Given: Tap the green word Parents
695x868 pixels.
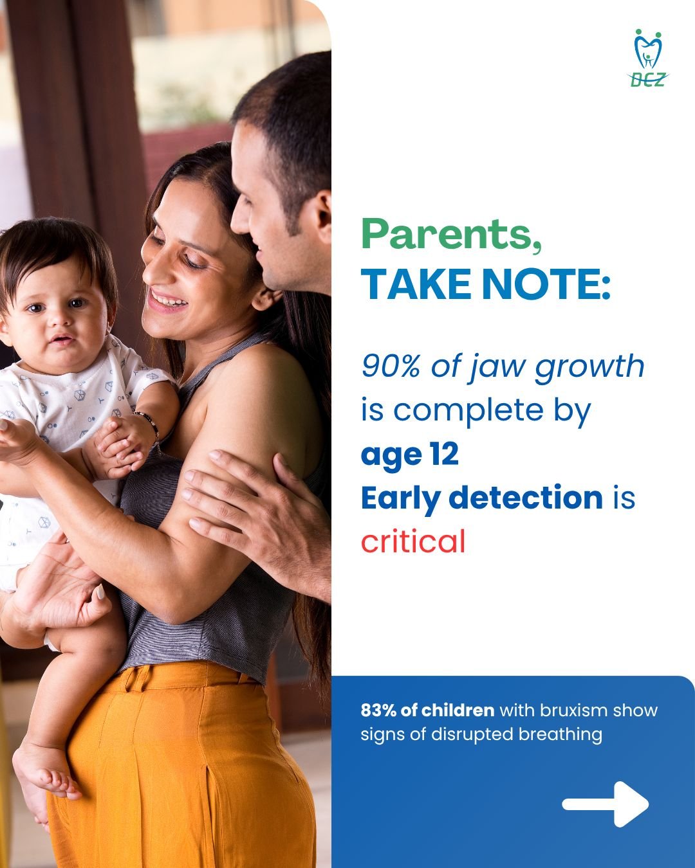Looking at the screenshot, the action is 452,234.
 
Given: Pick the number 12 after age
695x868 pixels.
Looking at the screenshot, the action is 445,454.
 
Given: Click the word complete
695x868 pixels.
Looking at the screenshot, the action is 469,411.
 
